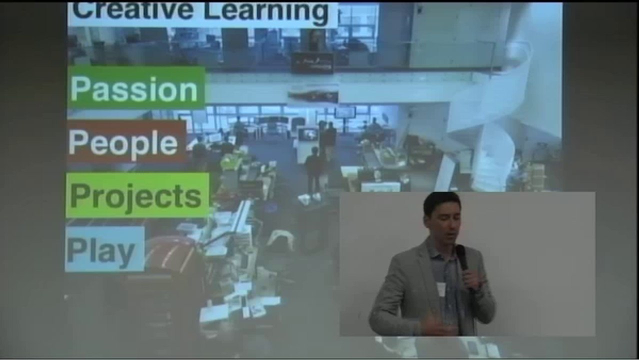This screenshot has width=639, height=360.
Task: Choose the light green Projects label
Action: (x=136, y=195)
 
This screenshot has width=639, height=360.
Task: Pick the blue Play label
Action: (x=104, y=249)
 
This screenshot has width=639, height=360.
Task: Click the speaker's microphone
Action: (x=462, y=258)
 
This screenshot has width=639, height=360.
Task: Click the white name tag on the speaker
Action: (x=441, y=289)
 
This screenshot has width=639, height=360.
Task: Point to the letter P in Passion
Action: (x=80, y=89)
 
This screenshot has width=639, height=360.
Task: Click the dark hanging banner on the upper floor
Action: (x=312, y=62)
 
